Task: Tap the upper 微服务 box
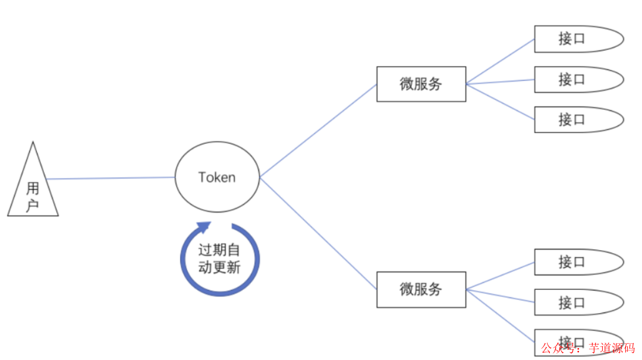coord(421,84)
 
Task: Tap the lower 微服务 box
coord(421,290)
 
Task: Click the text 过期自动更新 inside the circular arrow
coord(219,259)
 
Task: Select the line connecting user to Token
coord(110,178)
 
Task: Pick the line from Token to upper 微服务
coord(318,131)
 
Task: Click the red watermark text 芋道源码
coord(612,348)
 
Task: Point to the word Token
coord(217,177)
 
